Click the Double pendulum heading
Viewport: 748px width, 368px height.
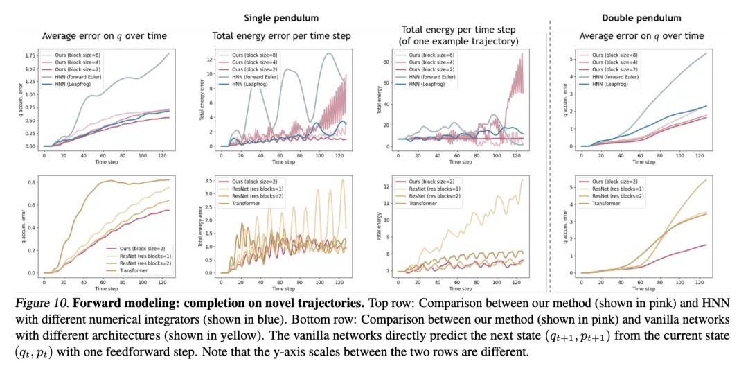pos(641,17)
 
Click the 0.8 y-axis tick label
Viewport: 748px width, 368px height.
pos(31,182)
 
